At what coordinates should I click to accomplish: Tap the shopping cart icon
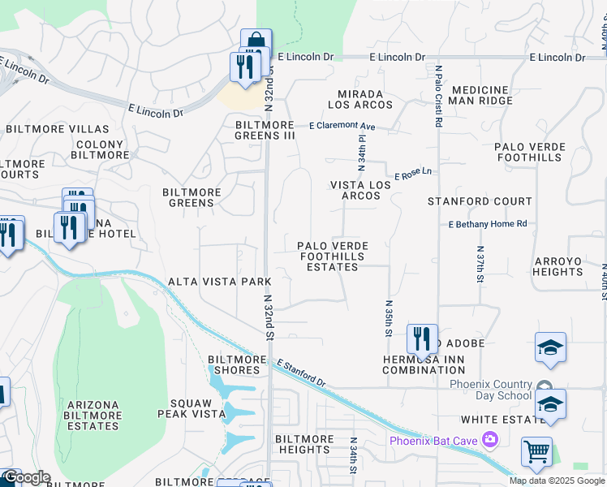pyautogui.click(x=536, y=452)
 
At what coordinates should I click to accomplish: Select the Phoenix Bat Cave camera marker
pyautogui.click(x=489, y=440)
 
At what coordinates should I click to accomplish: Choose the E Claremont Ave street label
pyautogui.click(x=342, y=127)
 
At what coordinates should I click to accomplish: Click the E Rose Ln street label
pyautogui.click(x=414, y=174)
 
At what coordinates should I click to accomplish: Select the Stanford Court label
pyautogui.click(x=480, y=201)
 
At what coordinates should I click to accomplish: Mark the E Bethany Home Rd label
pyautogui.click(x=488, y=224)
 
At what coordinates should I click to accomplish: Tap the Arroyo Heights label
pyautogui.click(x=557, y=266)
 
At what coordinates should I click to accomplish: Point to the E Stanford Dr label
pyautogui.click(x=300, y=373)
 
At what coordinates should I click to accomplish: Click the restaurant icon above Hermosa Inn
pyautogui.click(x=422, y=338)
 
